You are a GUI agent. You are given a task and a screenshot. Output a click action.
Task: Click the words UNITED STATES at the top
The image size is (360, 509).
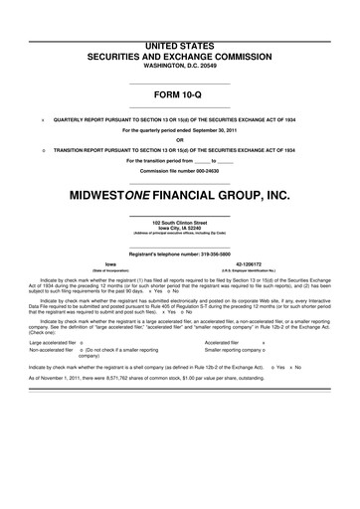coord(180,20)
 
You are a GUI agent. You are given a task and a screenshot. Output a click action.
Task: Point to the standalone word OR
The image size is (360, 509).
coord(180,139)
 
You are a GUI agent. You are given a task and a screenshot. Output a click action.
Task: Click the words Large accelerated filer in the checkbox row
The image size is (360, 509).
coord(55,343)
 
